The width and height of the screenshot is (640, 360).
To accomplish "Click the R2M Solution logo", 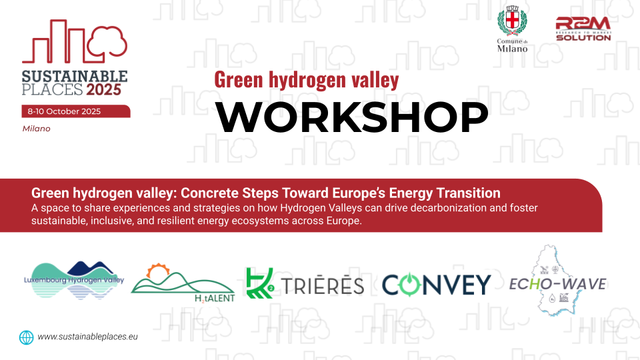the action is point(583,29).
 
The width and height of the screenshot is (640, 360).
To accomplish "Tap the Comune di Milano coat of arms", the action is point(512,21).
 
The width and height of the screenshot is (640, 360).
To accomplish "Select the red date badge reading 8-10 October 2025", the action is point(76,111).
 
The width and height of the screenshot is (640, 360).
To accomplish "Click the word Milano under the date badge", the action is point(36,129).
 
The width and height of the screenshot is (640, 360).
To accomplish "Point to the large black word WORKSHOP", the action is point(351,117).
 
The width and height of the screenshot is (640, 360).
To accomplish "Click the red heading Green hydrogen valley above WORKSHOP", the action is point(307,79).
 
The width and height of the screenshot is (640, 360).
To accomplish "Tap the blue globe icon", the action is point(27,337).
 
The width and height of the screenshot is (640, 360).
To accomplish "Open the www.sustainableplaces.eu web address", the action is point(88,337).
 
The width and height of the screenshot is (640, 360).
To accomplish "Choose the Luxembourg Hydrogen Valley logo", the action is point(74,281).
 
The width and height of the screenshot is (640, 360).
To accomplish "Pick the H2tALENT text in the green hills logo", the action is point(215,299).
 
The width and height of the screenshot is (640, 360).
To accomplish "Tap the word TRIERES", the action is point(323,285).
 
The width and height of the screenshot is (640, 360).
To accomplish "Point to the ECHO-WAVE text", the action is point(557,284).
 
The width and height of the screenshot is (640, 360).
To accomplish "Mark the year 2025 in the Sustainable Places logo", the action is point(104,89).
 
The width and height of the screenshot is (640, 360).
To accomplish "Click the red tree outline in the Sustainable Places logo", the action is point(107,41).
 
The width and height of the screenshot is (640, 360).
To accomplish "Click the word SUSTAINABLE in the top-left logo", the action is point(75,76).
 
